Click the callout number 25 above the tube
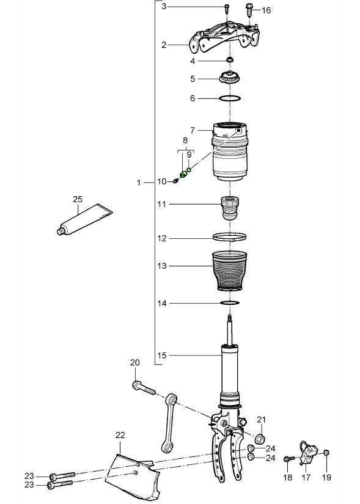coord(78,199)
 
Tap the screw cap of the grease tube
coord(61,230)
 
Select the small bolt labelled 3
coord(227,8)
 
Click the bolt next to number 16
coord(249,10)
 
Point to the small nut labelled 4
coord(230,60)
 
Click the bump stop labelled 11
coord(230,208)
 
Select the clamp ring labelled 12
coord(230,238)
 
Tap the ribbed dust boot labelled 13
coord(230,272)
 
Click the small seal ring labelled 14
coord(230,303)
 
